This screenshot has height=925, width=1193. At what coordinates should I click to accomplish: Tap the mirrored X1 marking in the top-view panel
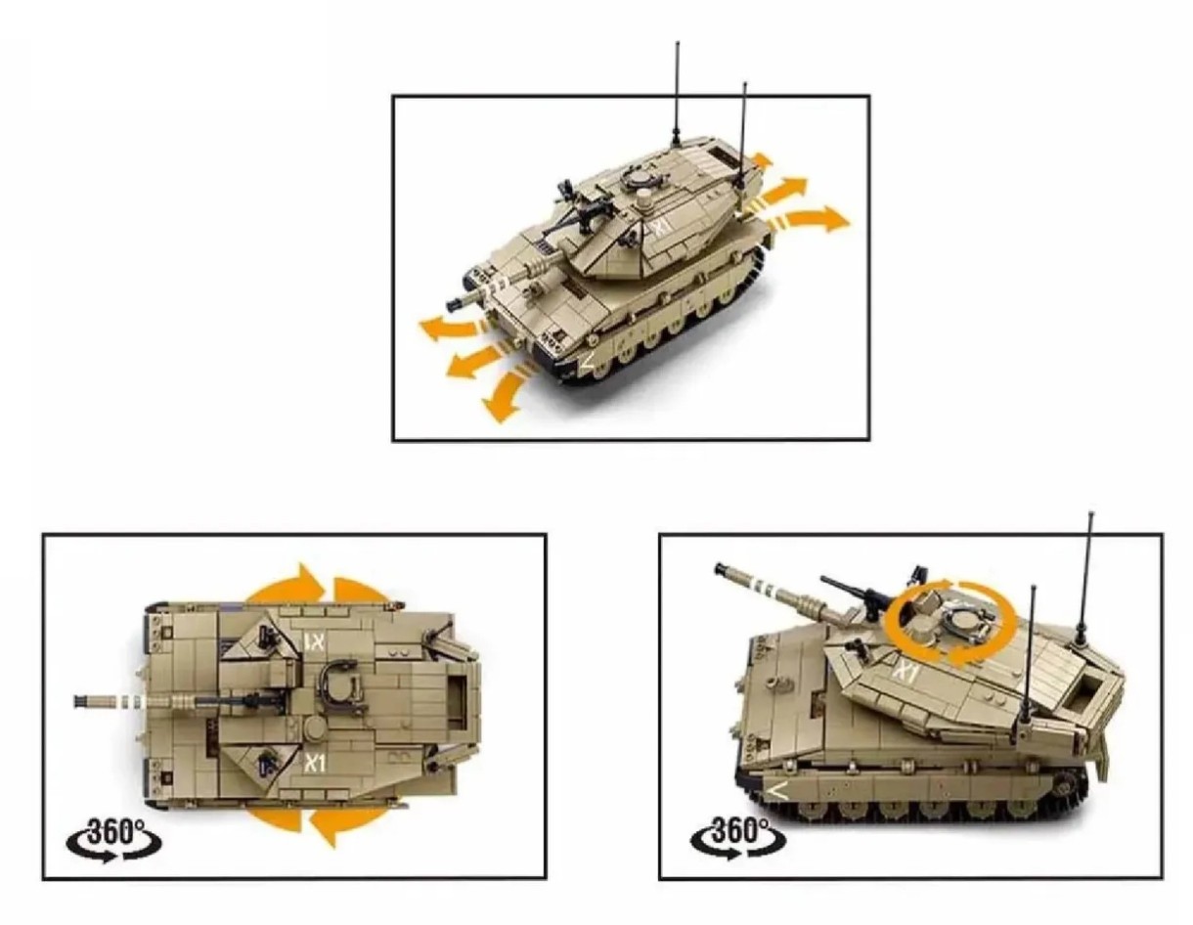316,640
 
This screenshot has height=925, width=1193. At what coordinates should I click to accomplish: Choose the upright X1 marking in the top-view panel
315,763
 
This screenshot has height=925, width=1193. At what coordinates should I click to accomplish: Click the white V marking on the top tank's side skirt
588,362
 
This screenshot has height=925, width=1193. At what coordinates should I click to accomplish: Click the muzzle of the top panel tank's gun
457,302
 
